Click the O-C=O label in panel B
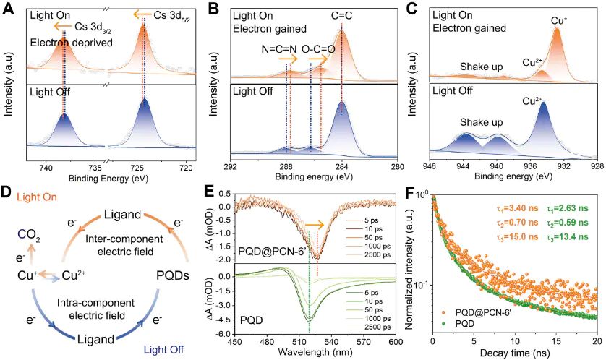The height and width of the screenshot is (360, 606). coord(317,49)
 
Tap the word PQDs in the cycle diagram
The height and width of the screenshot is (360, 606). coord(180,275)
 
